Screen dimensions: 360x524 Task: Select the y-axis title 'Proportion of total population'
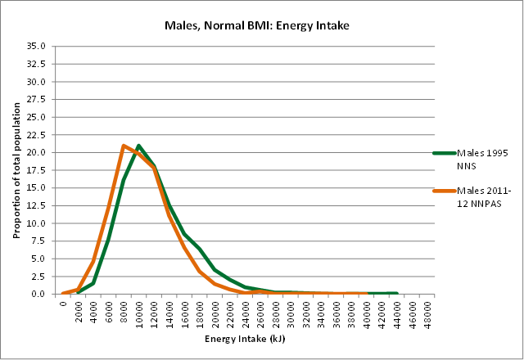[x=16, y=170]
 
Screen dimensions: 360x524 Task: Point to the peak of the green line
[x=138, y=146]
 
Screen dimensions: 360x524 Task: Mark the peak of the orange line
[x=124, y=146]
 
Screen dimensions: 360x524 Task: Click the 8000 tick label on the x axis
[x=124, y=312]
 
